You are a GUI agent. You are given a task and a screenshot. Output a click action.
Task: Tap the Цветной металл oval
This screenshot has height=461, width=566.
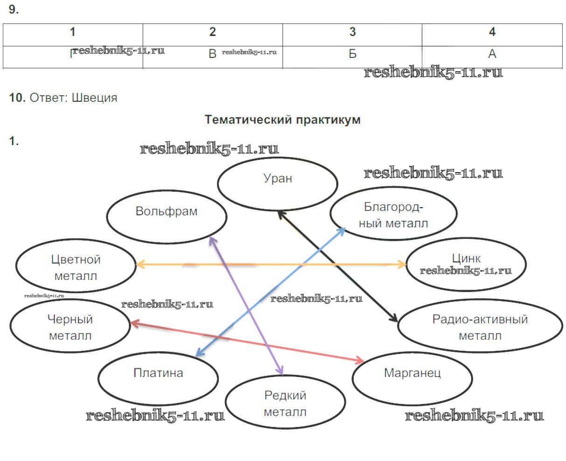76,267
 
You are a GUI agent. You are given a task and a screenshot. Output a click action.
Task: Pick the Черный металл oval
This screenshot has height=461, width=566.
70,327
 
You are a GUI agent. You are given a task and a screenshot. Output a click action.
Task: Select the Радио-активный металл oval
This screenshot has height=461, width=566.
480,327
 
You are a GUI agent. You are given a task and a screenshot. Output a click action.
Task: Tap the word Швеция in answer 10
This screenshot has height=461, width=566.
94,98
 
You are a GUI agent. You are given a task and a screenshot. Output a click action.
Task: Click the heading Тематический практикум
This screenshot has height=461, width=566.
282,119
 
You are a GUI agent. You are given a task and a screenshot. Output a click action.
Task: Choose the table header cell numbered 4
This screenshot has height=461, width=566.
492,32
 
